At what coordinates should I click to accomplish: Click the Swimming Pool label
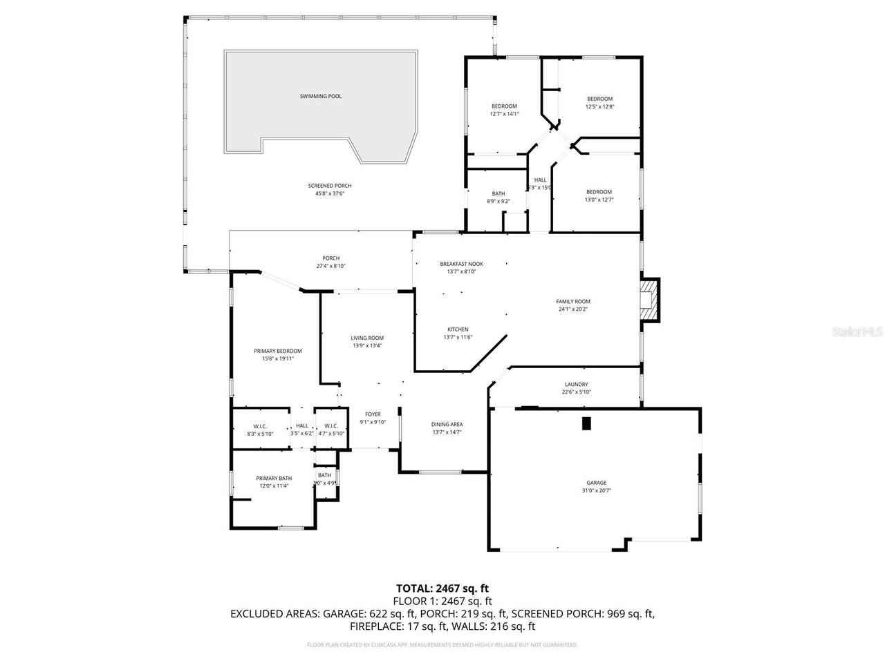[x=320, y=96]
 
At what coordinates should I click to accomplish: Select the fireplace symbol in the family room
[x=649, y=300]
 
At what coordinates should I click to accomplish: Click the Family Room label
[x=573, y=301]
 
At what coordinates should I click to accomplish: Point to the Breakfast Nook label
[x=461, y=264]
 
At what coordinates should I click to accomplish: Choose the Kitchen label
[x=458, y=329]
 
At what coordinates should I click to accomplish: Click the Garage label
[x=597, y=483]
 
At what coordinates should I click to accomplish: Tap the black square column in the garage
[x=587, y=423]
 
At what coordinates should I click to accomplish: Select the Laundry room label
[x=576, y=384]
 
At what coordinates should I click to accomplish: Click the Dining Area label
[x=447, y=424]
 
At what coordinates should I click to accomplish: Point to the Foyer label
[x=373, y=414]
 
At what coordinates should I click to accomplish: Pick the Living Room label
[x=367, y=338]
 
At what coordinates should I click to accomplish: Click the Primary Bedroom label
[x=277, y=351]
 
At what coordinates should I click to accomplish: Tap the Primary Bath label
[x=274, y=478]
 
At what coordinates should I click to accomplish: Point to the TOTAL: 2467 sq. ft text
[x=442, y=588]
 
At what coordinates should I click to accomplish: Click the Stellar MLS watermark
[x=857, y=332]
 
